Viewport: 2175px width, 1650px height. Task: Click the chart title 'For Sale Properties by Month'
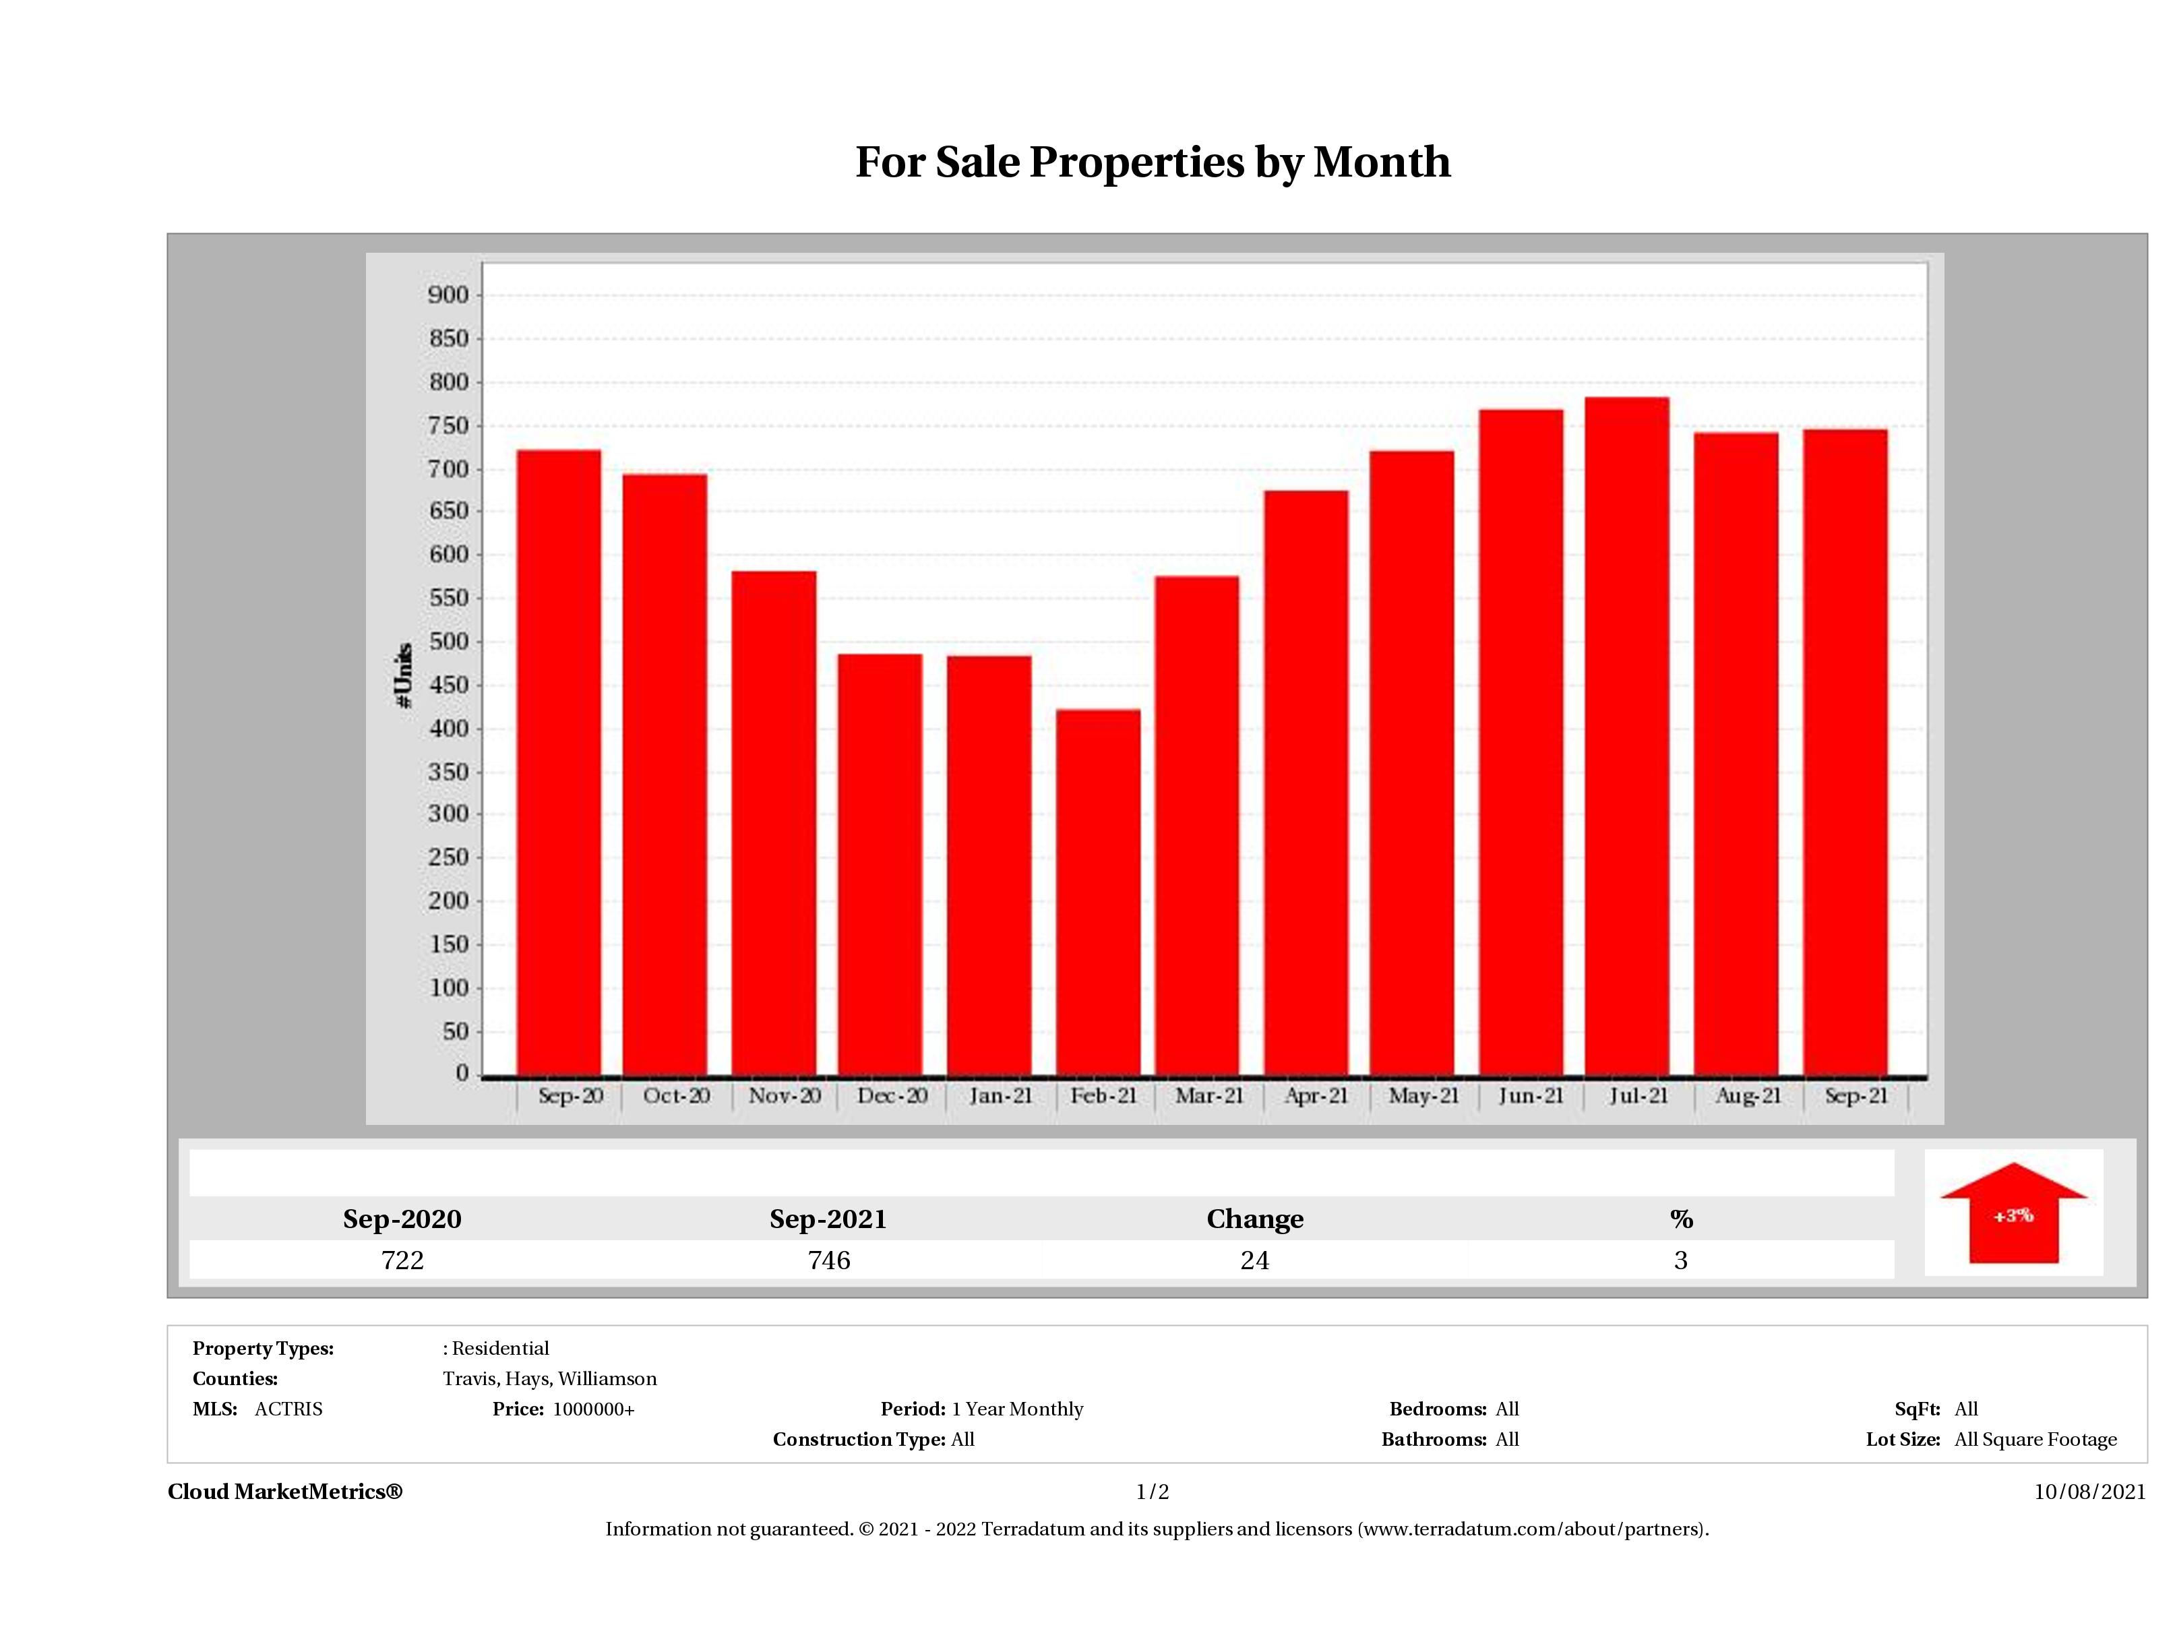click(x=1153, y=162)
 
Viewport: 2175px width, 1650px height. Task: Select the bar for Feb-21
click(x=1099, y=891)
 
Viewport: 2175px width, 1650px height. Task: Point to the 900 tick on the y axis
click(x=448, y=295)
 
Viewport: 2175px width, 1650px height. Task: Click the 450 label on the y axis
click(x=448, y=685)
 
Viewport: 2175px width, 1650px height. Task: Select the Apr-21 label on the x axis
click(x=1316, y=1095)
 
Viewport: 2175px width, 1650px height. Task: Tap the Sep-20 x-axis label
click(x=570, y=1095)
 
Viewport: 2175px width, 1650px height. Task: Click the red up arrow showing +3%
click(x=2013, y=1213)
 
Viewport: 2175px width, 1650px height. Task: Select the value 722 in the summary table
click(x=402, y=1260)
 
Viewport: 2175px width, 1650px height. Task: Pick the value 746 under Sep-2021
click(x=829, y=1260)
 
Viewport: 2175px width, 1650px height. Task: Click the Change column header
click(x=1255, y=1219)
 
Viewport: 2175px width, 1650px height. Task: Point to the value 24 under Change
click(x=1255, y=1260)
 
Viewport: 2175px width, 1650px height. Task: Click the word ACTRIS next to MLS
click(x=288, y=1409)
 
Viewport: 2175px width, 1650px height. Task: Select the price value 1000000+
click(x=593, y=1409)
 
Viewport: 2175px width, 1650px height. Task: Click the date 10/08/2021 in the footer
click(x=2089, y=1492)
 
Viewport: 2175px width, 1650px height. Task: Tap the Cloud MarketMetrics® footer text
click(x=285, y=1492)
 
